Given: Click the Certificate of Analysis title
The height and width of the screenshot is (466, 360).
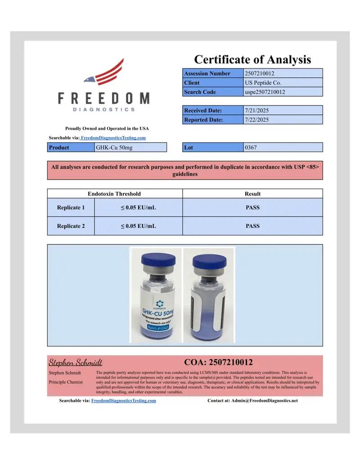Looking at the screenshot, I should click(252, 59).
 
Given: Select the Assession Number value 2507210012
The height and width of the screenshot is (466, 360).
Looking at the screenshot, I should click(260, 73).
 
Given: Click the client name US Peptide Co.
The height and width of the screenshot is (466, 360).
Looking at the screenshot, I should click(263, 83).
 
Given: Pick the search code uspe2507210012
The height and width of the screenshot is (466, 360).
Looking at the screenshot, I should click(265, 92).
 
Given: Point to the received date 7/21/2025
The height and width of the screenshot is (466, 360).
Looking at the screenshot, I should click(257, 110).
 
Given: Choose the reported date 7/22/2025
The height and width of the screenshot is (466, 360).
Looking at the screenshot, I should click(257, 120).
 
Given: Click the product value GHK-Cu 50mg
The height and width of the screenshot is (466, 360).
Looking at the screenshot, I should click(114, 147).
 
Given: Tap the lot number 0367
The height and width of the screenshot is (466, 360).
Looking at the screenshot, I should click(251, 147).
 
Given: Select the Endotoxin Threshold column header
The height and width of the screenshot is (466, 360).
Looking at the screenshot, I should click(114, 194).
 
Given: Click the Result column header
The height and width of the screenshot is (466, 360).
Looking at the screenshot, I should click(252, 194).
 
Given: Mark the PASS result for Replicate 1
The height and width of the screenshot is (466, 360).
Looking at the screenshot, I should click(252, 208).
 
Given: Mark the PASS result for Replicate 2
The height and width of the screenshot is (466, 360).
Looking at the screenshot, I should click(252, 226).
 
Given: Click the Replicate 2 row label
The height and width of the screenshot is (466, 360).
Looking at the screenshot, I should click(71, 226).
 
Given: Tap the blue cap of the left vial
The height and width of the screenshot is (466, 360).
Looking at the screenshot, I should click(158, 261).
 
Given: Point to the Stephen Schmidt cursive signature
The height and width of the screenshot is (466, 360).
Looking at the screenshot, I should click(75, 362).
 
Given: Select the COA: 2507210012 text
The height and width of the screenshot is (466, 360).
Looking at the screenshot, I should click(218, 362).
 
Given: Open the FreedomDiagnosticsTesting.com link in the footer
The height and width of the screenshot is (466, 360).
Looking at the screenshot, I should click(124, 400).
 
